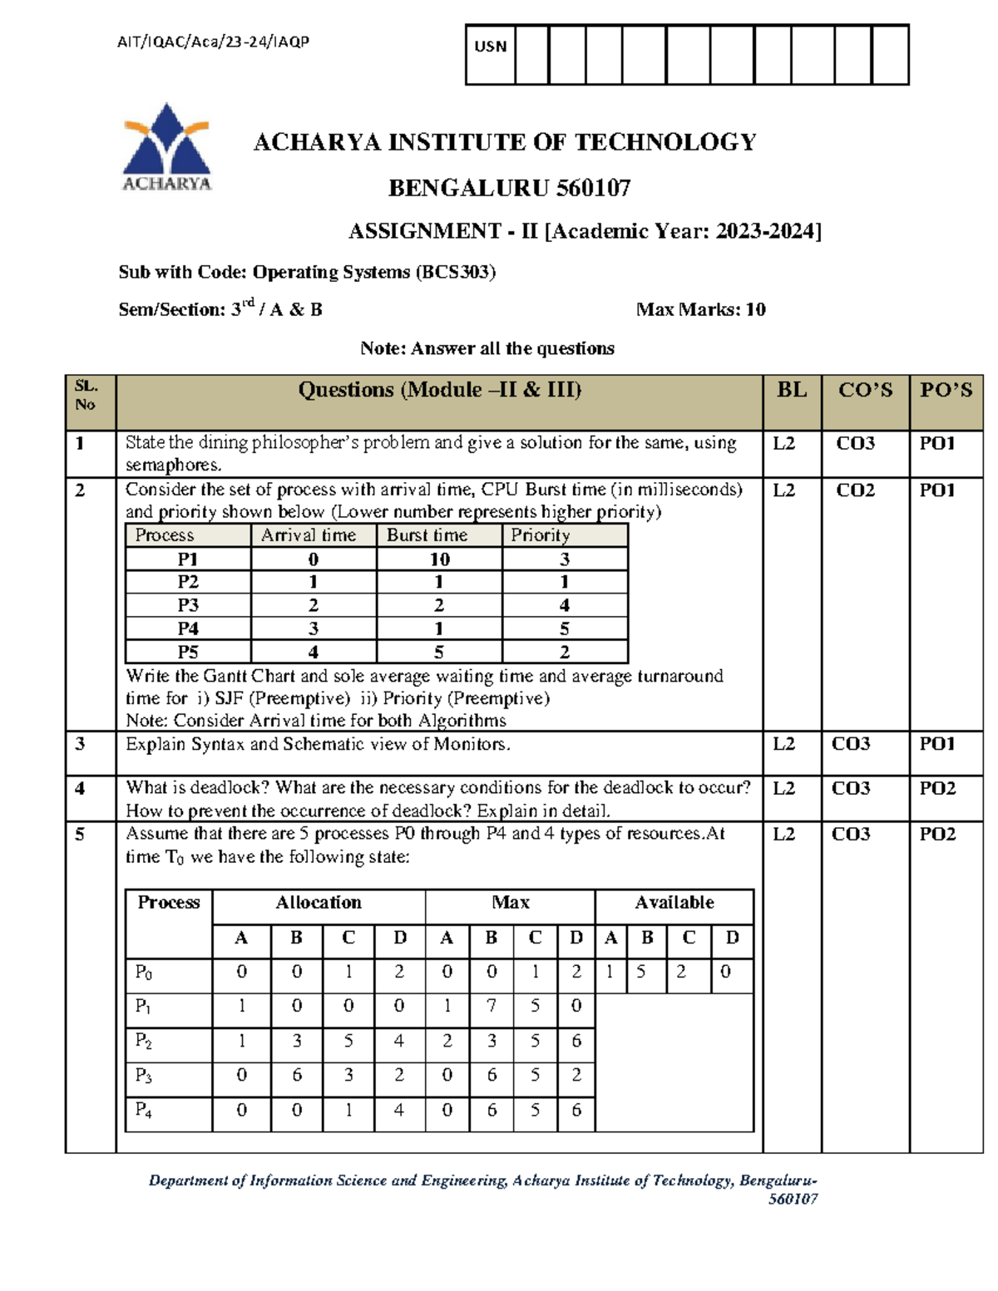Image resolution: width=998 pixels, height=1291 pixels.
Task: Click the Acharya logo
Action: tap(166, 147)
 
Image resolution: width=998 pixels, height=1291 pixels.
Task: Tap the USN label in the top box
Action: tap(490, 47)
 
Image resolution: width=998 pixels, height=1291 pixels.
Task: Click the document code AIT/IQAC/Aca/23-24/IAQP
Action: tap(213, 42)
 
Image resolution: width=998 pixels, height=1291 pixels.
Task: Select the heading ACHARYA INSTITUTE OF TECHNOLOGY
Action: tap(504, 142)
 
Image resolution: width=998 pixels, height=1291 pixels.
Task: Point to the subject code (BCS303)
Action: tap(456, 272)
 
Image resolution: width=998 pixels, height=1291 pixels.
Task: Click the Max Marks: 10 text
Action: tap(700, 309)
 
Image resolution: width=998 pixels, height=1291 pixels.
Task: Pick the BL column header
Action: tap(791, 390)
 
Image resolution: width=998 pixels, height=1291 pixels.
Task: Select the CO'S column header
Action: tap(865, 390)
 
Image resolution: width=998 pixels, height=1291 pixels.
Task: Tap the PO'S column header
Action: tap(946, 390)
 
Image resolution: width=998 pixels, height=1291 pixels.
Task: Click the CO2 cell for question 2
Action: tap(855, 490)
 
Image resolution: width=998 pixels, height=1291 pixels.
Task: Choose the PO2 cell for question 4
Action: tap(936, 788)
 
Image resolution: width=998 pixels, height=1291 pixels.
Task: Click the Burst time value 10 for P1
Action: tap(439, 559)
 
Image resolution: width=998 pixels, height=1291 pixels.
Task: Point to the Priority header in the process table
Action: tap(540, 535)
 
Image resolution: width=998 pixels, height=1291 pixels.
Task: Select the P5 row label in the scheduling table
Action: tap(188, 652)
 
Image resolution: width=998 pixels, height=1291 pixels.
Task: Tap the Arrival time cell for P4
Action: tap(314, 628)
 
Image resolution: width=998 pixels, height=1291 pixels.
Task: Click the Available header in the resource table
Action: tap(674, 903)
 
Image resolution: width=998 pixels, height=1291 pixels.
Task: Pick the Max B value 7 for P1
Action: tap(492, 1006)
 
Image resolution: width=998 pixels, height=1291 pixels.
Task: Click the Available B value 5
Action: tap(640, 972)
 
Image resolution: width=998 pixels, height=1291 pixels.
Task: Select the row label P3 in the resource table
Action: tap(144, 1076)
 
